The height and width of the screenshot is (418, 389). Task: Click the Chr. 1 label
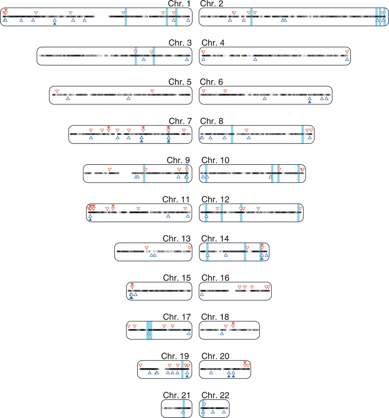(179, 4)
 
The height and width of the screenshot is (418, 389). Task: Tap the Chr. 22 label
(215, 395)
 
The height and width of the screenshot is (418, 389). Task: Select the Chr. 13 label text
(176, 238)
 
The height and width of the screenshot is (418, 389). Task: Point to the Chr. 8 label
(211, 121)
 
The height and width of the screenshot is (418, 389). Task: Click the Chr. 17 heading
(177, 317)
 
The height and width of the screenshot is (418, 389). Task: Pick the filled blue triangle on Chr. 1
(55, 24)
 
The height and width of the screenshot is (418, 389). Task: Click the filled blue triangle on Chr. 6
(310, 102)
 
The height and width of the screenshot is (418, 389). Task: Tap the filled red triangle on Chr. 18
(233, 323)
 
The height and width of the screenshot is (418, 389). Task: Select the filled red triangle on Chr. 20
(245, 362)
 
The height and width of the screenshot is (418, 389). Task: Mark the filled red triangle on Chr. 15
(132, 284)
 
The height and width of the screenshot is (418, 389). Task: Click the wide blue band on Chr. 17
(149, 330)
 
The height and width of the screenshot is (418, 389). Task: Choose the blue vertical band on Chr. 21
(184, 408)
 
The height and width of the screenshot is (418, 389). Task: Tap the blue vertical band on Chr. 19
(182, 369)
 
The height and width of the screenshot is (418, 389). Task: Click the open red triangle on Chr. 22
(204, 405)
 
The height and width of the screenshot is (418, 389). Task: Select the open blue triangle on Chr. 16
(202, 295)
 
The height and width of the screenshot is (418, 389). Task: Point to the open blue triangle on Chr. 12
(206, 216)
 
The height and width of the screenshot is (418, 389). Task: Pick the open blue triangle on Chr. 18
(222, 334)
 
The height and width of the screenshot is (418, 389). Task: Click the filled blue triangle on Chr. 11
(90, 219)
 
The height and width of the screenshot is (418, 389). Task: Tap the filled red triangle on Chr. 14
(262, 245)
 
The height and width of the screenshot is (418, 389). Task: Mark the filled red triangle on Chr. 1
(6, 10)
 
